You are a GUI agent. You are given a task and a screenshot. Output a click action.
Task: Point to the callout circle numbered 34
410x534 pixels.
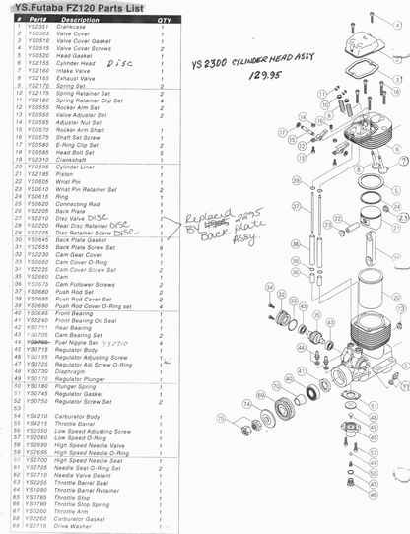pos(267,286)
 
